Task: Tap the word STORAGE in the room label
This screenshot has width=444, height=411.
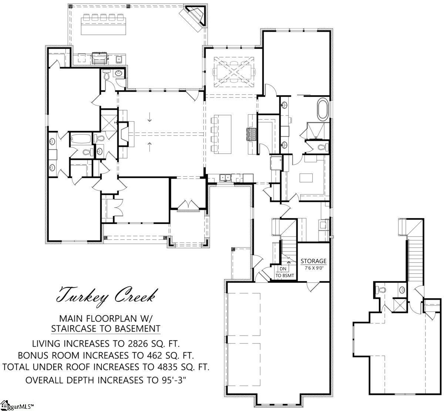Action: (x=313, y=261)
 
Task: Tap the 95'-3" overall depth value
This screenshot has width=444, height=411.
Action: (x=172, y=380)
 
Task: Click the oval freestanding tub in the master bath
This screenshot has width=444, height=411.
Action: (x=322, y=109)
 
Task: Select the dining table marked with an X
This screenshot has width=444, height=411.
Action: (x=234, y=71)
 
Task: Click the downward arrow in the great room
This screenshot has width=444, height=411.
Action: (x=149, y=117)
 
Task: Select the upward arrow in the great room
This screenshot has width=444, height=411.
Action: (x=149, y=146)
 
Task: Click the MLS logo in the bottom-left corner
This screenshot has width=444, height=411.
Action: (x=17, y=406)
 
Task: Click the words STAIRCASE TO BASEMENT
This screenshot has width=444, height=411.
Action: (x=105, y=328)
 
